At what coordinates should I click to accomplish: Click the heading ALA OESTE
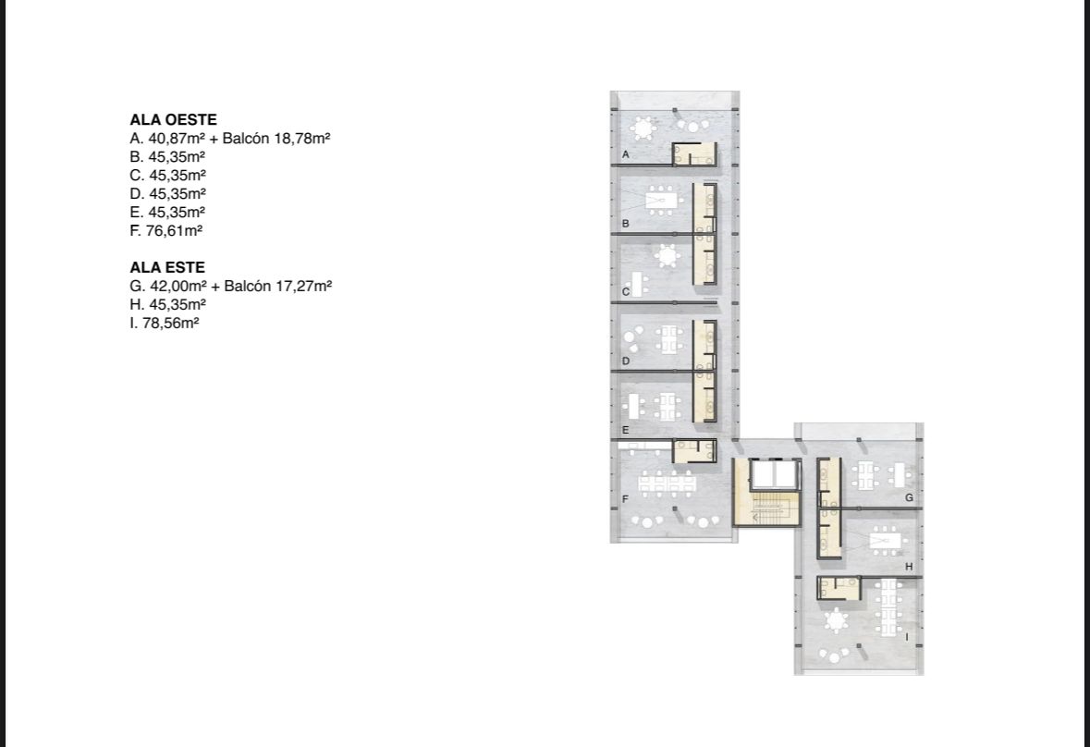click(x=173, y=119)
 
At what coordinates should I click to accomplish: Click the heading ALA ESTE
click(x=166, y=267)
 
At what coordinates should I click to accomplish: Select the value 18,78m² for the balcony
click(x=301, y=139)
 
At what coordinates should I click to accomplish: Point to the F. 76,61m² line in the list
click(x=165, y=231)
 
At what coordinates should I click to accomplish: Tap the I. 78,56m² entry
click(x=164, y=324)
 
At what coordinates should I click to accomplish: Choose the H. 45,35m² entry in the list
click(x=167, y=304)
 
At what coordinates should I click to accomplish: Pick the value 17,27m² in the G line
click(x=304, y=286)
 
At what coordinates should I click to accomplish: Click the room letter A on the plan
click(x=626, y=154)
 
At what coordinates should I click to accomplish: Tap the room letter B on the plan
click(x=626, y=224)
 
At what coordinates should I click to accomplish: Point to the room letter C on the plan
click(x=626, y=292)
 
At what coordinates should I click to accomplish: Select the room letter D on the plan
click(x=626, y=361)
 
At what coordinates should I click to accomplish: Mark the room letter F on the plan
click(x=626, y=499)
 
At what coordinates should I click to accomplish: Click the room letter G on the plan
click(x=910, y=497)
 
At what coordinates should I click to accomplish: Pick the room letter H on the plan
click(x=910, y=567)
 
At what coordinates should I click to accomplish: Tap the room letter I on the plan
click(x=906, y=636)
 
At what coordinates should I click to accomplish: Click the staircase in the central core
click(x=768, y=508)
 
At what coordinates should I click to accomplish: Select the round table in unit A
click(x=644, y=129)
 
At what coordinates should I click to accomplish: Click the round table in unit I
click(x=835, y=619)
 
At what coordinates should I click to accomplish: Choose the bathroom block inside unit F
click(x=693, y=451)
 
